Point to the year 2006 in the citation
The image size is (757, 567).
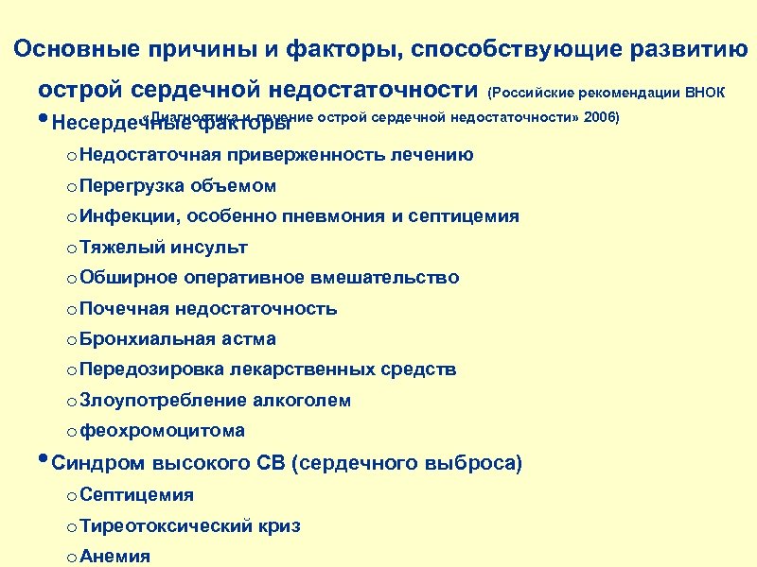597,117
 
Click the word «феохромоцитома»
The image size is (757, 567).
163,431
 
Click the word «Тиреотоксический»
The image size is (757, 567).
166,525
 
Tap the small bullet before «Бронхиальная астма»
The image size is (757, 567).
71,339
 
